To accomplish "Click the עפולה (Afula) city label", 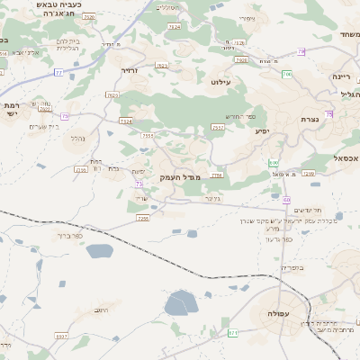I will pos(273,313).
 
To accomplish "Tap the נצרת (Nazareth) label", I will pos(310,119).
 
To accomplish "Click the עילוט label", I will pos(221,82).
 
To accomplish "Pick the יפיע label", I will pos(262,131).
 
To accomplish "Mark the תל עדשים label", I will pos(309,209).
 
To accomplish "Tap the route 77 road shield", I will pos(58,72).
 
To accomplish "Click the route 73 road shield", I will pos(139,184).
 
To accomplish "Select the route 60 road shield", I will pos(286,200).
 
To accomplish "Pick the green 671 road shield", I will pos(233,333).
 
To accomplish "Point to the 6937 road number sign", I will pos(61,336).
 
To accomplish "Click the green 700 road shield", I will pos(286,74).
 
